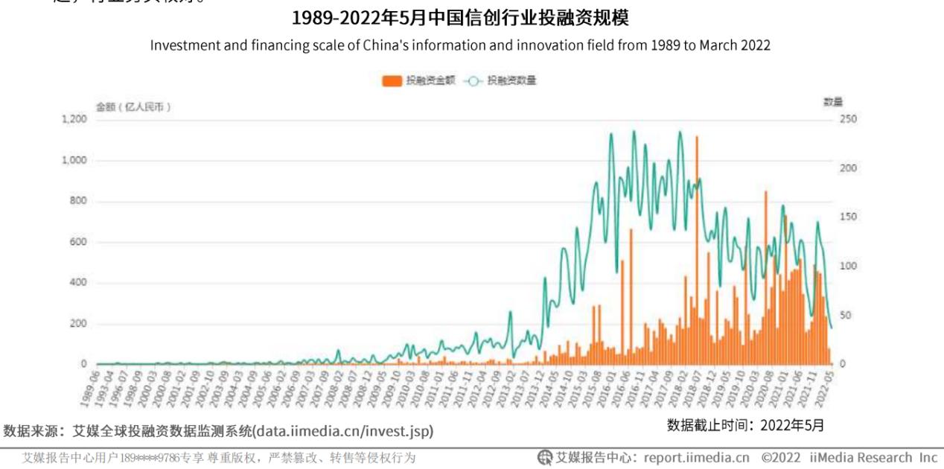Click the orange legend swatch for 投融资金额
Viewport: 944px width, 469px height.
pos(392,81)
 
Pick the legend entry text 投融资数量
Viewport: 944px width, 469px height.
pos(512,81)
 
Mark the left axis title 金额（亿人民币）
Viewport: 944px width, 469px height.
pos(134,106)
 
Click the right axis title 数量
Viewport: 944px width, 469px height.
pos(832,102)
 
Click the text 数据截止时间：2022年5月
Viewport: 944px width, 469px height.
pos(745,425)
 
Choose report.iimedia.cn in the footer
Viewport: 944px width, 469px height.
pos(696,457)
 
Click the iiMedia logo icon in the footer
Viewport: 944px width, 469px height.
pos(545,457)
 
